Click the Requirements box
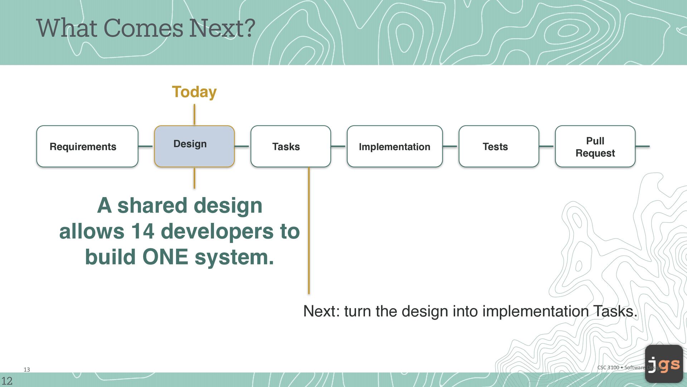click(x=87, y=146)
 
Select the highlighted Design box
click(x=194, y=146)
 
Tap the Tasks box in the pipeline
click(x=291, y=146)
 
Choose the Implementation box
click(x=395, y=146)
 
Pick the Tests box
click(x=499, y=146)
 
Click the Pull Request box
click(x=595, y=146)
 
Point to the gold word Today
click(x=194, y=92)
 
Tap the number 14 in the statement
click(x=142, y=231)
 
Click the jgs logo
click(x=664, y=364)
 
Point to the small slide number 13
click(x=27, y=369)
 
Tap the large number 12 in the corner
click(x=7, y=381)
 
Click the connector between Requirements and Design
click(x=146, y=146)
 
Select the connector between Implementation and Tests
click(x=451, y=146)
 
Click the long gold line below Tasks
click(x=309, y=230)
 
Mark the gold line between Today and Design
click(x=194, y=115)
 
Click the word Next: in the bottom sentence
click(x=321, y=311)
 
